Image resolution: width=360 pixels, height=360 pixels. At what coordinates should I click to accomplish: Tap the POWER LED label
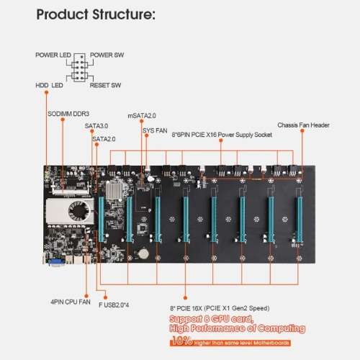coord(53,55)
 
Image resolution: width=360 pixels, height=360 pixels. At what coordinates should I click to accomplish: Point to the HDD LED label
coord(50,85)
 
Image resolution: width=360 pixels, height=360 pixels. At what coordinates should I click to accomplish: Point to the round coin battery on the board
coord(145,252)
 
